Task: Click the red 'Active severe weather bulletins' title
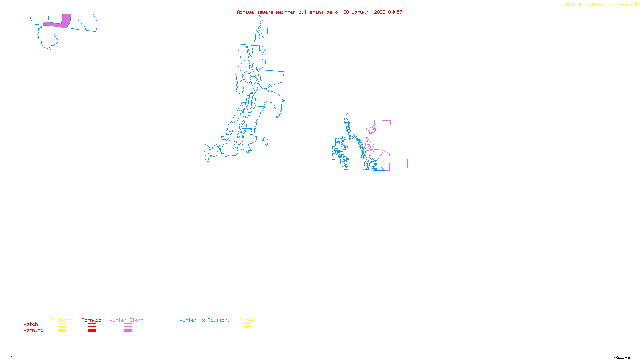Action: tap(319, 12)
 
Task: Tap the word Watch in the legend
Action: tap(31, 324)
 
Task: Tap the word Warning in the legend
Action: tap(33, 330)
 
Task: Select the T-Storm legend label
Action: tap(62, 320)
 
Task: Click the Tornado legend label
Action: tap(92, 320)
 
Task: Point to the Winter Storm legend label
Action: tap(126, 320)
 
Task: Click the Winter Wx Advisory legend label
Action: tap(205, 320)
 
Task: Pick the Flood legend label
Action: tap(247, 320)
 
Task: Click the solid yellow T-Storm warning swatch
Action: tap(62, 331)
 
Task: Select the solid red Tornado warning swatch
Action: tap(92, 331)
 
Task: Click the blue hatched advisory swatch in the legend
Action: tap(204, 331)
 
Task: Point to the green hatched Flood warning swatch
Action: tap(247, 331)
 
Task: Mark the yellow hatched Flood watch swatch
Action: tap(247, 325)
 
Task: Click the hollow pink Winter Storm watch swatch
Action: tap(128, 325)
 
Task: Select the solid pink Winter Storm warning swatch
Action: tap(128, 331)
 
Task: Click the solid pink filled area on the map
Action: tap(66, 21)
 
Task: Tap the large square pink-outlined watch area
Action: tap(398, 163)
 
